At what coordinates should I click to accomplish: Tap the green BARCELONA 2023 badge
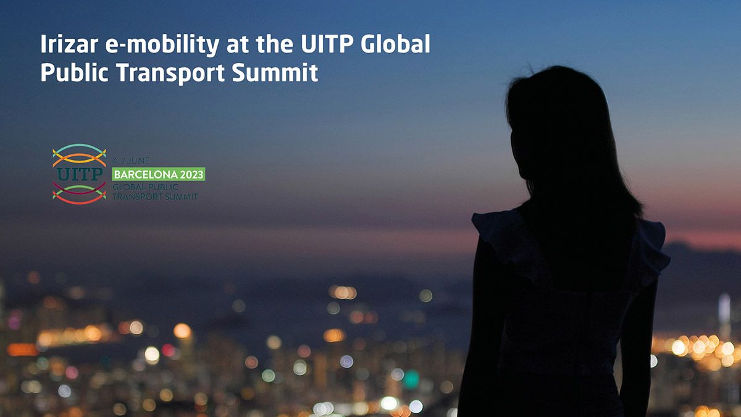click(159, 174)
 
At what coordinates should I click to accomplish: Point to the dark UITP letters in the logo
click(79, 174)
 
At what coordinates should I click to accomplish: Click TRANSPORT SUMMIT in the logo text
click(155, 196)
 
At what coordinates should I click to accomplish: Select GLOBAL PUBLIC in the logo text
click(146, 187)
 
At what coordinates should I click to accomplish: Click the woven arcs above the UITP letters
click(79, 154)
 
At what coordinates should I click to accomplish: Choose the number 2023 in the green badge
click(189, 174)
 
